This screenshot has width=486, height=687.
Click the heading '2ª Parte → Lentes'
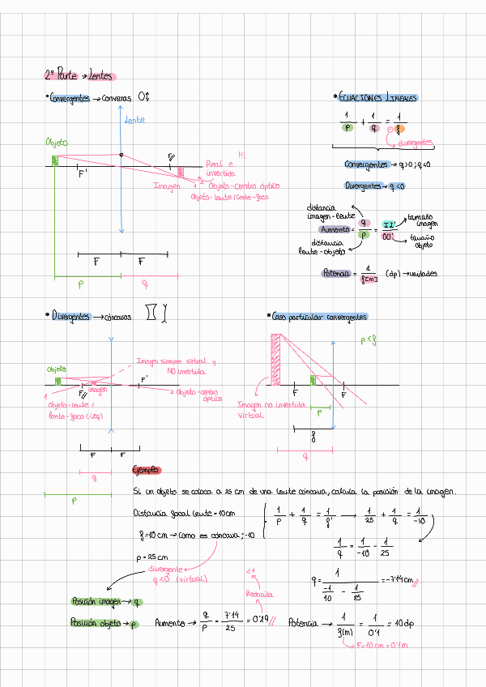point(79,76)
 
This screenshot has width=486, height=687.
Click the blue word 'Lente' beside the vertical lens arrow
point(134,120)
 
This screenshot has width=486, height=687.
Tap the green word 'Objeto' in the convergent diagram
point(56,142)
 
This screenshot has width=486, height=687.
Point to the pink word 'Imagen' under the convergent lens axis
point(167,186)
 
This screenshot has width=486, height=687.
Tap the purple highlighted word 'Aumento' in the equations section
point(335,229)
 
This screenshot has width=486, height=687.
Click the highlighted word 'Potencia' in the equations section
point(335,274)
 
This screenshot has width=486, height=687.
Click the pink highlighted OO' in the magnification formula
point(389,236)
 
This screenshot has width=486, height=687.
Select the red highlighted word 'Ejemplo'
point(146,471)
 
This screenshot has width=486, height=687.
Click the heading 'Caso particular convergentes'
point(319,316)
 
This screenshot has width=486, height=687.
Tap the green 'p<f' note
point(368,341)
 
